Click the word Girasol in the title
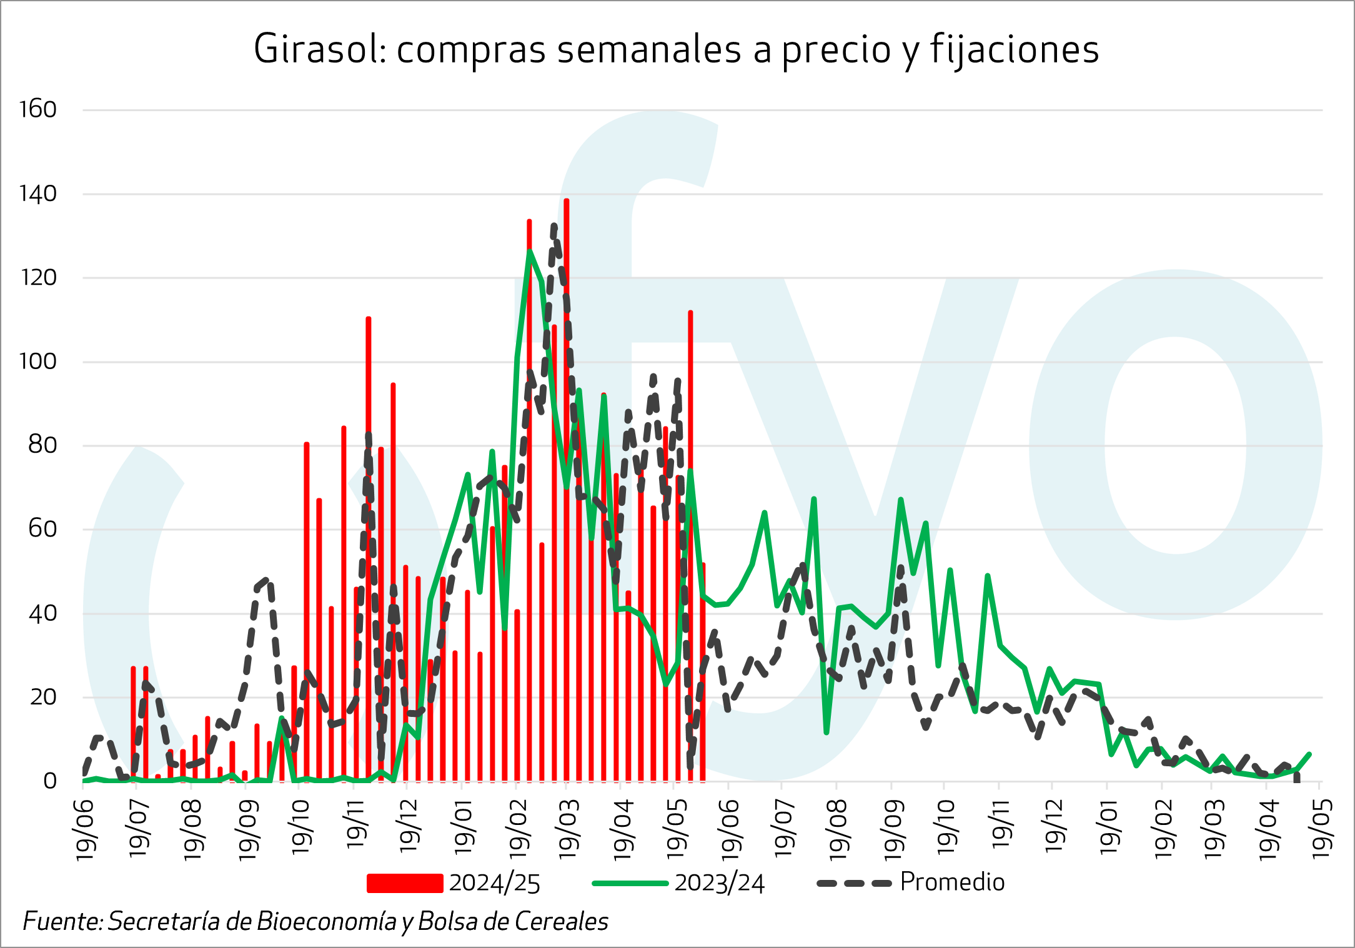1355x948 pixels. tap(319, 49)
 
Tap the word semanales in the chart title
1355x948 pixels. tap(649, 49)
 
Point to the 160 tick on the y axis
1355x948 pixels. tap(38, 110)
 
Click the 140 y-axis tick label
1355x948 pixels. tap(38, 194)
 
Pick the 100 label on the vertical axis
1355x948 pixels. tap(38, 362)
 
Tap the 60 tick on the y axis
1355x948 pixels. tap(42, 529)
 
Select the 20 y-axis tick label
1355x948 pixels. tap(42, 697)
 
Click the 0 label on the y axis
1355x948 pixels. tap(50, 781)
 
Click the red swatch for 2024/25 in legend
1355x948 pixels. tap(405, 883)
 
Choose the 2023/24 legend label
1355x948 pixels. tap(719, 883)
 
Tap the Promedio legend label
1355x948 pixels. tap(952, 882)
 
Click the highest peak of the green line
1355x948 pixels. tap(529, 251)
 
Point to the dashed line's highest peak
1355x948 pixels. tap(554, 226)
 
